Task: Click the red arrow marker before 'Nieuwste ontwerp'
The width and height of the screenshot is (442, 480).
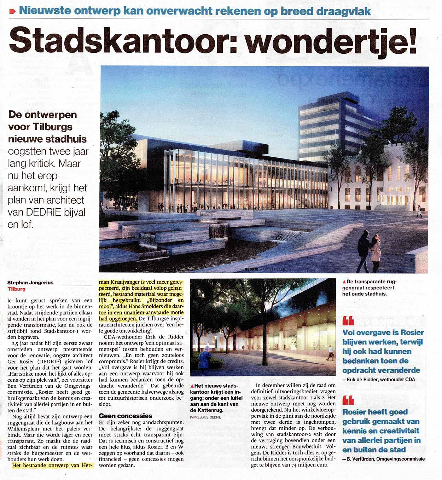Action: tap(13, 11)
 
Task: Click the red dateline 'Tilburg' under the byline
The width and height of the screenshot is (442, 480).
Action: tap(16, 289)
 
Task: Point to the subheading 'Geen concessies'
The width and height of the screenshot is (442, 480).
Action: tap(126, 416)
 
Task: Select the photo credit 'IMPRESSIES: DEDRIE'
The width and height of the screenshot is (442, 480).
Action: tap(205, 417)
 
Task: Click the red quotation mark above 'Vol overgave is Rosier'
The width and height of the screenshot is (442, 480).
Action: tap(348, 321)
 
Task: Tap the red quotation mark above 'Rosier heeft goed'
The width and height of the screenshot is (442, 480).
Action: tap(348, 400)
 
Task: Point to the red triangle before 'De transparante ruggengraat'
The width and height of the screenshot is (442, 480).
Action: tap(344, 282)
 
